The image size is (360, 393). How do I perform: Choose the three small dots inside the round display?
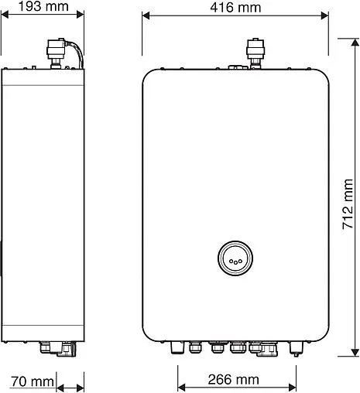click(x=235, y=261)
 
